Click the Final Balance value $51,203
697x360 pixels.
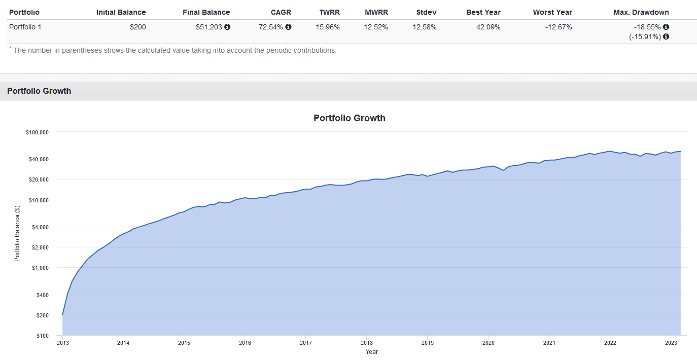coord(208,27)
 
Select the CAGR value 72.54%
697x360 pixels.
coord(270,27)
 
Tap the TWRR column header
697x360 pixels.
coord(329,12)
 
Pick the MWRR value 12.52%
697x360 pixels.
coord(375,27)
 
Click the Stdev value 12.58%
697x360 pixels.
coord(425,27)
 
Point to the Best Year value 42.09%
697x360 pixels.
coord(488,27)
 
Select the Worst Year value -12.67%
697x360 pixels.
coord(559,27)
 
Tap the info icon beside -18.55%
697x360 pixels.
coord(666,27)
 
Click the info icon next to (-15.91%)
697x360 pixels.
coord(666,37)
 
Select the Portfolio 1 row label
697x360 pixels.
coord(25,27)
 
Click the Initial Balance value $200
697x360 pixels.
coord(137,27)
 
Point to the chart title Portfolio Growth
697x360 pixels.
coord(349,118)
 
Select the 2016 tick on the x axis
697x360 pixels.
coord(245,343)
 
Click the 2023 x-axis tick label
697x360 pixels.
coord(671,343)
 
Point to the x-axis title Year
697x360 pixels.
coord(371,352)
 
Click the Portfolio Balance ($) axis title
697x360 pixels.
coord(17,234)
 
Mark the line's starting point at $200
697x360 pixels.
coord(62,315)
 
